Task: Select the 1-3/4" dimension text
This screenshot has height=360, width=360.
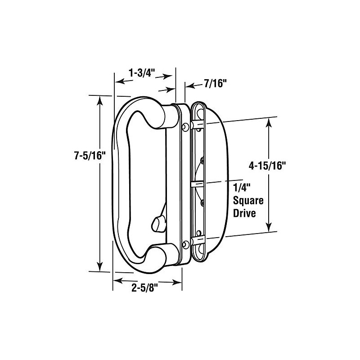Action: [x=142, y=72]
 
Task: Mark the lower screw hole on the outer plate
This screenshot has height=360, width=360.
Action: [x=185, y=244]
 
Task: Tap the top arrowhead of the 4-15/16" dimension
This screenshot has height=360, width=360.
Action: [x=269, y=122]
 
